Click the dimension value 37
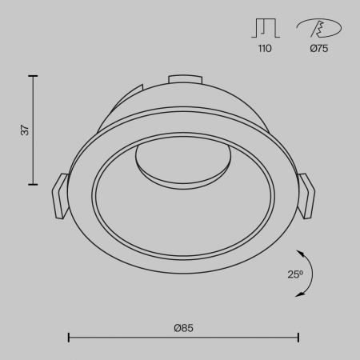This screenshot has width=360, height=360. (24, 130)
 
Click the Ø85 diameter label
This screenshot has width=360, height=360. (183, 327)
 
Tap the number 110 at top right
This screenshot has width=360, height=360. (265, 50)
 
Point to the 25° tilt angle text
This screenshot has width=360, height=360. (295, 274)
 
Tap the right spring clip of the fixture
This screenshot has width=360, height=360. (307, 195)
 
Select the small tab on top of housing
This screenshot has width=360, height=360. (185, 78)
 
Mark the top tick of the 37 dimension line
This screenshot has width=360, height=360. (33, 76)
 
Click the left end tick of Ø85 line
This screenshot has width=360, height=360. (68, 338)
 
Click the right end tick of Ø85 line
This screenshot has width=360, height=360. (298, 338)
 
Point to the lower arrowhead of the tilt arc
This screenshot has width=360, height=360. (299, 295)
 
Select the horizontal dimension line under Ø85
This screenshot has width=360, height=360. (183, 338)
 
